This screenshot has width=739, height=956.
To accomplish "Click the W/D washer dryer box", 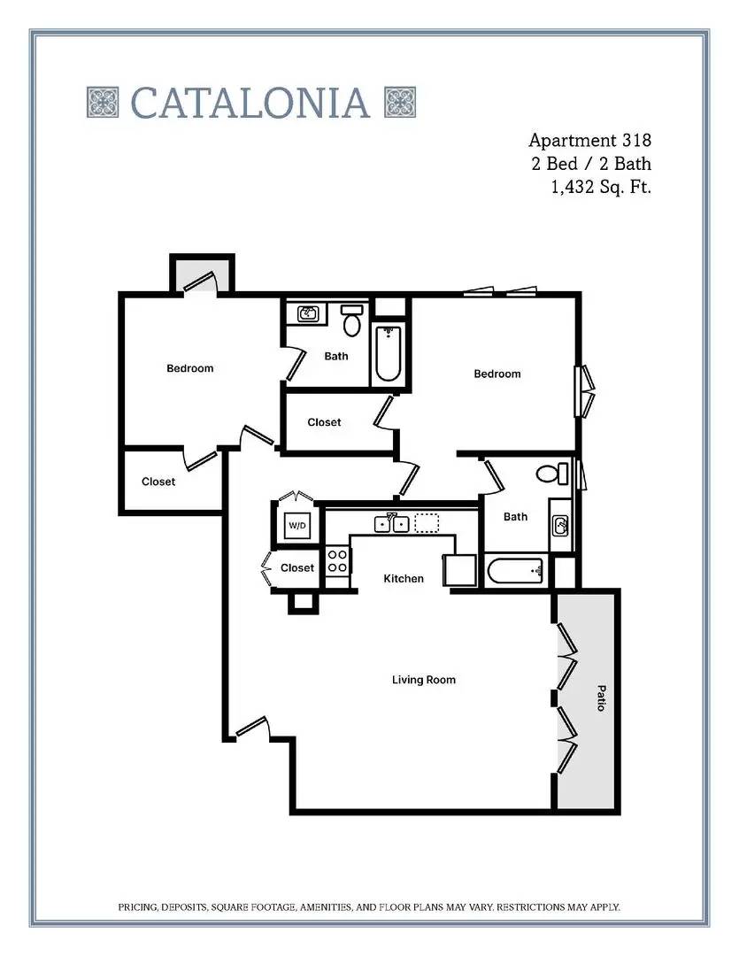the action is (297, 525).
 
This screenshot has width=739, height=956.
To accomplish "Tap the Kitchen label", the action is (404, 579).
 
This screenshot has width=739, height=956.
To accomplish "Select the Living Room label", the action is (424, 680).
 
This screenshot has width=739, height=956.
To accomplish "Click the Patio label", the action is (601, 698).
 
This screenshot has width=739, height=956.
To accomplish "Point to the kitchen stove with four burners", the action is (337, 561).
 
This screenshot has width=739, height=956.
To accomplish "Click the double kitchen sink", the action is (391, 523).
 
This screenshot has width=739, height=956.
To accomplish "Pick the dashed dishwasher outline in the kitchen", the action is (427, 523).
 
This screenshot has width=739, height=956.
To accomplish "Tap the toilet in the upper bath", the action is (352, 320).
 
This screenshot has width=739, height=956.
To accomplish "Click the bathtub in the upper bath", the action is (388, 353).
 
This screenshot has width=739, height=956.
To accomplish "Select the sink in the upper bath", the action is (308, 314).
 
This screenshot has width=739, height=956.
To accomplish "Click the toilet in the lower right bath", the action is (551, 474).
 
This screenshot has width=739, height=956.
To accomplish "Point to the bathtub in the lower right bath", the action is (516, 571).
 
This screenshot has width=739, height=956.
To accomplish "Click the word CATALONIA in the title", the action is (250, 103).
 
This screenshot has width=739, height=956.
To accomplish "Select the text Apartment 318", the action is (589, 140).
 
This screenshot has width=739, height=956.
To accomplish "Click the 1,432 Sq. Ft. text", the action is (601, 187).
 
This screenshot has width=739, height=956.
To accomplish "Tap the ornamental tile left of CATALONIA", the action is (103, 102).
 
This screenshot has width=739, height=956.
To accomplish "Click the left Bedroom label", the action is (190, 368).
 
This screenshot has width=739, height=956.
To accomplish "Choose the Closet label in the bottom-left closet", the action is (158, 482).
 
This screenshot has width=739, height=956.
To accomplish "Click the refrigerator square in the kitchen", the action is (459, 571).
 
